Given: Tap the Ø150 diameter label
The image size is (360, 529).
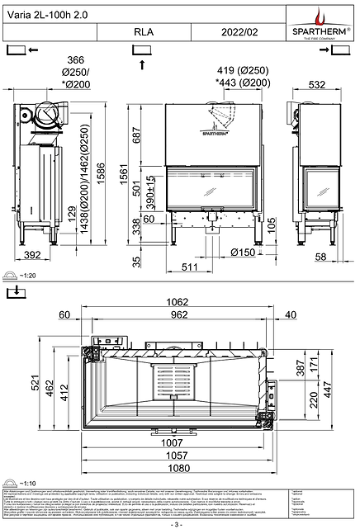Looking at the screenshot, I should click(x=243, y=252).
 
